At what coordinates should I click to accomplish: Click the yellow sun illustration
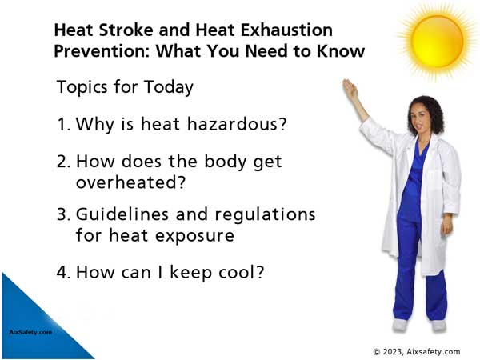click(x=437, y=42)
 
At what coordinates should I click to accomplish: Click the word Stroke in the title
click(x=126, y=30)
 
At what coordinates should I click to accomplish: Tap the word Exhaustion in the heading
click(x=286, y=30)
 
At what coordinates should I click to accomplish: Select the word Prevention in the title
click(x=102, y=51)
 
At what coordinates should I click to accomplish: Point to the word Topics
click(x=82, y=87)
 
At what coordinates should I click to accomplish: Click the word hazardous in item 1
click(x=237, y=124)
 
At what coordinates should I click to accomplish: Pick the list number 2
click(x=64, y=161)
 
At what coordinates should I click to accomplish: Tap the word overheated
click(x=130, y=182)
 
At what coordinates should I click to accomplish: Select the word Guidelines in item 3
click(x=122, y=214)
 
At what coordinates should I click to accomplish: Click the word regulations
click(x=266, y=215)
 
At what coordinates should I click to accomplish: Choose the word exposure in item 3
click(x=194, y=236)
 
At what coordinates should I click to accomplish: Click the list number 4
click(x=64, y=272)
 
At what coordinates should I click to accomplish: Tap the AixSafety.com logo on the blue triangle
click(x=30, y=332)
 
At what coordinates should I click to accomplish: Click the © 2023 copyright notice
click(x=417, y=352)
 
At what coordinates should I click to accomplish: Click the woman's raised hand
click(x=350, y=88)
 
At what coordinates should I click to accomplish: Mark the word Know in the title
click(x=341, y=51)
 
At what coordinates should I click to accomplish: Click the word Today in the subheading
click(x=169, y=87)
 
